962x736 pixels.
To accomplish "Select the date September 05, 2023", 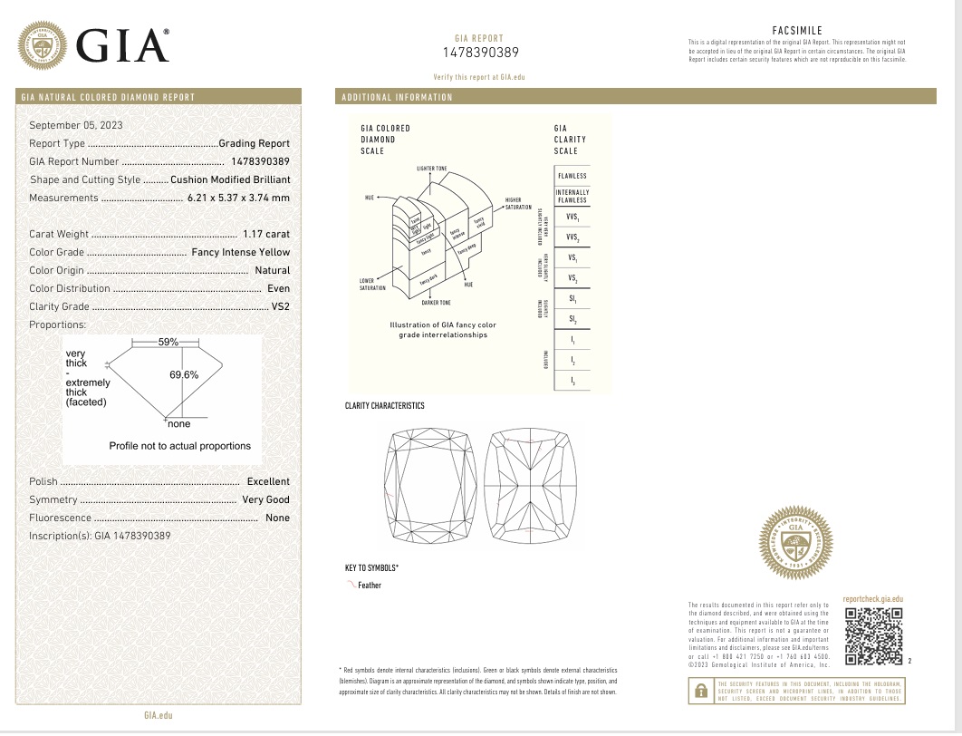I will (x=76, y=125).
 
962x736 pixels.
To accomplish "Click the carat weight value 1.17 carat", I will (x=266, y=234).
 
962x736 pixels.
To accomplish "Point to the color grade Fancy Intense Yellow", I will (x=241, y=252).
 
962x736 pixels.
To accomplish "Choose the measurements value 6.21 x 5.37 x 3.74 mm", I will (x=238, y=198).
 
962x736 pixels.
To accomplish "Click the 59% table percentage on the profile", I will (x=168, y=342).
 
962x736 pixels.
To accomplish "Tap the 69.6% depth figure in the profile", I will (x=184, y=374).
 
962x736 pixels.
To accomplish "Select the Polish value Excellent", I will (x=268, y=481).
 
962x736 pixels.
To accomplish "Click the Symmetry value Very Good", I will (x=266, y=499).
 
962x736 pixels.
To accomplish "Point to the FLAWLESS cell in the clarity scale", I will (x=572, y=176).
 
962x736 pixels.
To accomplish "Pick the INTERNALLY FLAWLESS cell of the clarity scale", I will (x=572, y=197).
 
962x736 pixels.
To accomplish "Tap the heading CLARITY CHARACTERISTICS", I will (x=384, y=406).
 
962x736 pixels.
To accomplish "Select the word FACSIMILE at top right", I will (x=797, y=30).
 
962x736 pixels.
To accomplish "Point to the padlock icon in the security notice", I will (x=700, y=691).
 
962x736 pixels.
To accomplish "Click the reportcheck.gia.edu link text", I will (x=872, y=599).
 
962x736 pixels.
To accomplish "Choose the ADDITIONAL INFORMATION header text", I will (x=397, y=97).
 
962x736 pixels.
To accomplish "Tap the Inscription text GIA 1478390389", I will (x=100, y=536).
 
